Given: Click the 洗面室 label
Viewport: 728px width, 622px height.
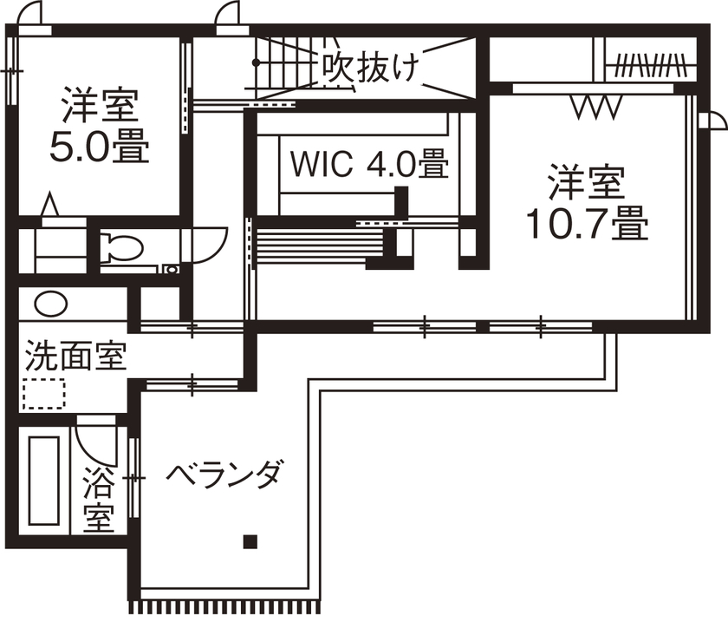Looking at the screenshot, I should (x=75, y=356).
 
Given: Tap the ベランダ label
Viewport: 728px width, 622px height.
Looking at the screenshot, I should (x=224, y=475).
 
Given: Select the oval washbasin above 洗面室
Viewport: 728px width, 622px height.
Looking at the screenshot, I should (x=49, y=304).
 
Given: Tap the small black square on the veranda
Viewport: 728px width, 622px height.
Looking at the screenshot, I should (x=250, y=542).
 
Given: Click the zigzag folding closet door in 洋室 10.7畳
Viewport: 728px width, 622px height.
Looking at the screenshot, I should (x=596, y=108).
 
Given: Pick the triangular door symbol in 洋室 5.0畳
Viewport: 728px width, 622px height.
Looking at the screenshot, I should (x=50, y=206).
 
